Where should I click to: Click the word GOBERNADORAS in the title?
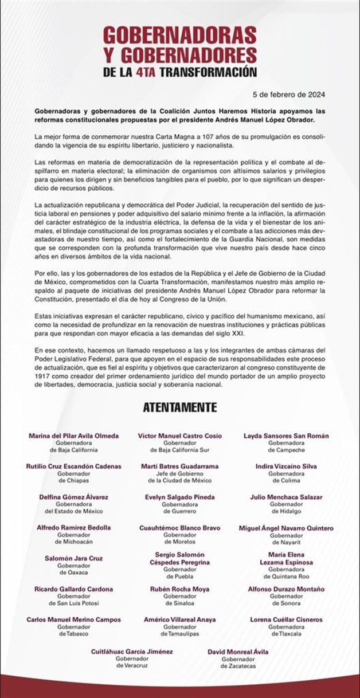179,36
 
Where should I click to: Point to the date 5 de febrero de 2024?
292,94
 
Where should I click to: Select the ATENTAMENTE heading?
179,407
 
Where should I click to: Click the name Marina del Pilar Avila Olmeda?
74,436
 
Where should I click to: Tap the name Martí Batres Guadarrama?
180,466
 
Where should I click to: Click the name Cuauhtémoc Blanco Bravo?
180,528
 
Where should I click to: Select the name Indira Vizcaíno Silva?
286,466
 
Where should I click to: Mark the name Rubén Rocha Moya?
180,589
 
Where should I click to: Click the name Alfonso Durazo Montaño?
287,589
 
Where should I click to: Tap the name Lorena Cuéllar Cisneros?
287,619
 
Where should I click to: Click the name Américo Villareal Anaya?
180,619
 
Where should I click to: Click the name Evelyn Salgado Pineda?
180,497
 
